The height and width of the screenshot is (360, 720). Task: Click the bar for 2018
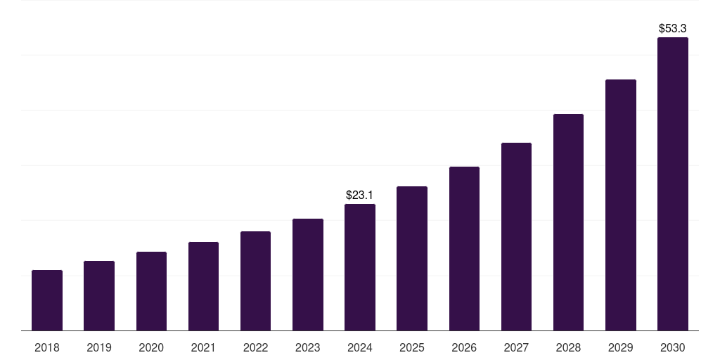coord(47,300)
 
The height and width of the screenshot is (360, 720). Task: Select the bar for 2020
coord(151,291)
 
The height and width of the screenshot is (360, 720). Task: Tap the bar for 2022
coord(255,281)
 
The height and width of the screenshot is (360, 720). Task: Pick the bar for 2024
coord(360,267)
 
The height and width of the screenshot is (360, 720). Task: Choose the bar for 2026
coord(464,248)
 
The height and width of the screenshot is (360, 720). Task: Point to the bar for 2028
coord(568,222)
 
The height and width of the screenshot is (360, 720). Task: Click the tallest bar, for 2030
coord(673,184)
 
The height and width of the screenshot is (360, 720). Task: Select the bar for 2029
coord(621,205)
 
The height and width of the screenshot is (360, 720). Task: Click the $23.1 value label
coord(360,195)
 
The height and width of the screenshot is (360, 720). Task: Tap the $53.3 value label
coord(673,29)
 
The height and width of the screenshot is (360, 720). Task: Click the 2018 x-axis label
coord(47,347)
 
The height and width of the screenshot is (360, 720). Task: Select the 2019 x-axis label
coord(99,347)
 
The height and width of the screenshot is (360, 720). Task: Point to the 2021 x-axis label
coord(203,347)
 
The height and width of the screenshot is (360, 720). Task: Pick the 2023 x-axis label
coord(308,347)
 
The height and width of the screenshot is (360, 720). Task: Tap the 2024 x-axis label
coord(360,347)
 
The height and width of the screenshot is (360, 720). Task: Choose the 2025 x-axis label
coord(412,347)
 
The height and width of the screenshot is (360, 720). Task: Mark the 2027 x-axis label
coord(516,347)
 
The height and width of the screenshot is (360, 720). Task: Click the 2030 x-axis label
coord(673,347)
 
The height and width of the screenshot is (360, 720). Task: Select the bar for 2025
coord(412,258)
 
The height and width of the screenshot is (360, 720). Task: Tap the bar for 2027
coord(516,236)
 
